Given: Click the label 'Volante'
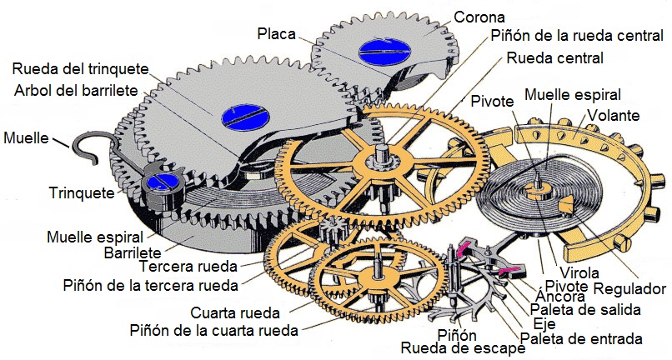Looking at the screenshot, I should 614,114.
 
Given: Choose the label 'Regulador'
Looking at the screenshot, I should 630,288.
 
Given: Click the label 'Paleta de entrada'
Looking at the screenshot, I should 580,338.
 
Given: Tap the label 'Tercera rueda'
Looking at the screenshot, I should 188,267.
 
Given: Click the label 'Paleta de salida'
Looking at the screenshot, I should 585,310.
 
